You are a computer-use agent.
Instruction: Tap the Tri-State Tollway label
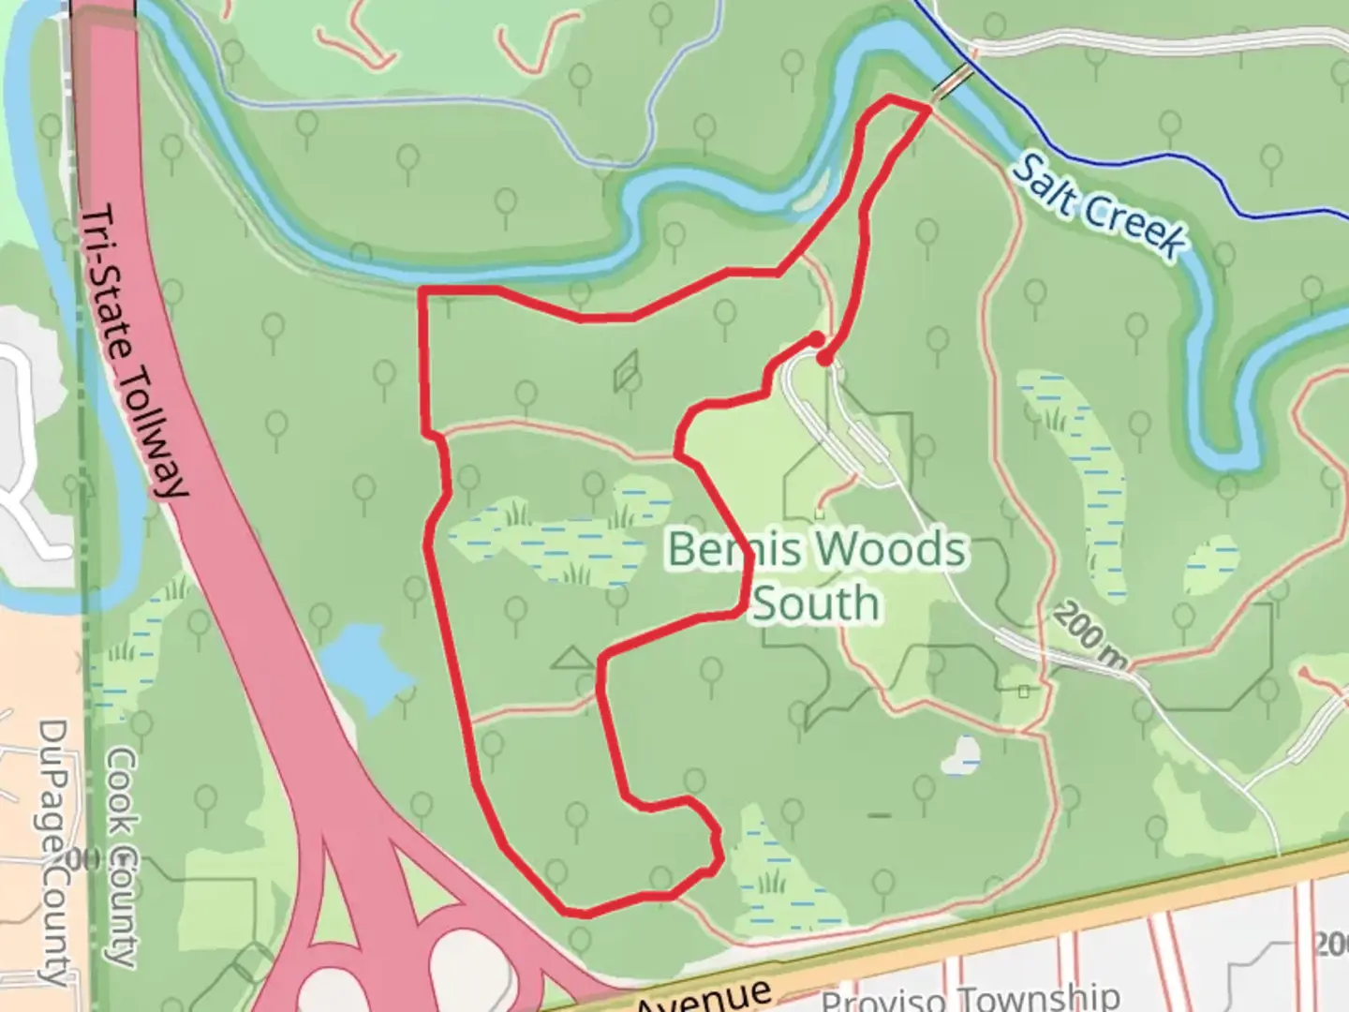point(134,351)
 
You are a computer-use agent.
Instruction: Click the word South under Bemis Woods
point(815,603)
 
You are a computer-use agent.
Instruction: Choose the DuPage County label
point(54,853)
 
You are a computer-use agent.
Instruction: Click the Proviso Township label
point(970,997)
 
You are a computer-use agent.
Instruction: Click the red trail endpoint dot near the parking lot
point(823,357)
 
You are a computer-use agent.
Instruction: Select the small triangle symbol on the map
point(573,659)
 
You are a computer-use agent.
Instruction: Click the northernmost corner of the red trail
point(890,97)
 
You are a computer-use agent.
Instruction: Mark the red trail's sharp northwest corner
point(423,290)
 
